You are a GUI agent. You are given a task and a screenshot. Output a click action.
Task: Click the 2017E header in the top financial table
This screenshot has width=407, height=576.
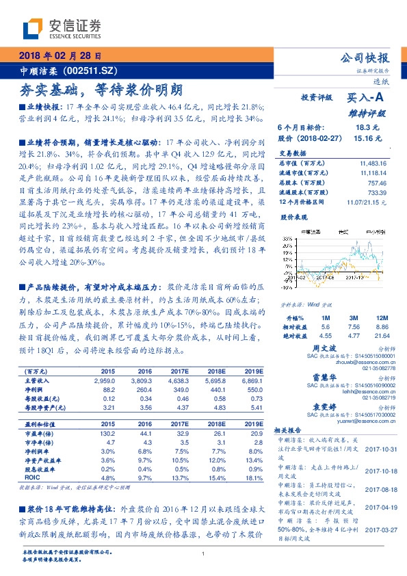[180, 370]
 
